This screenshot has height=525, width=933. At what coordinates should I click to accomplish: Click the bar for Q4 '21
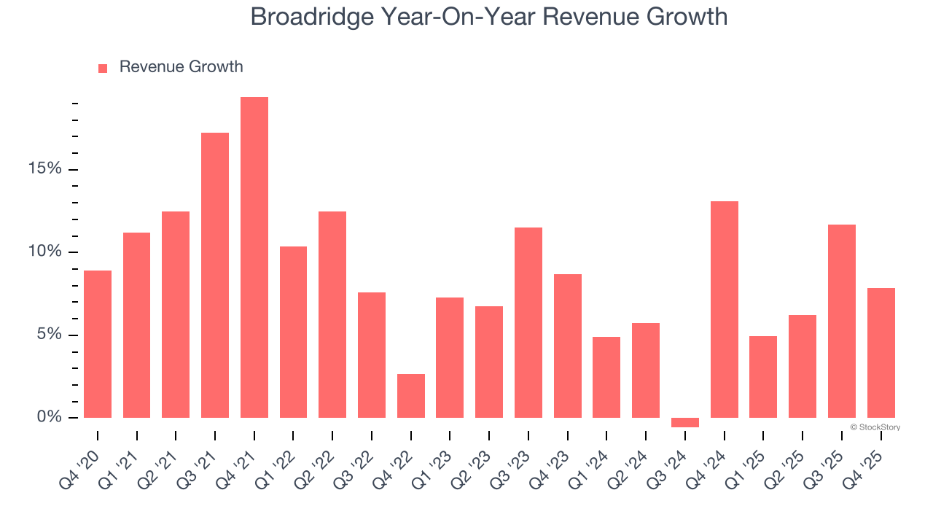click(x=254, y=257)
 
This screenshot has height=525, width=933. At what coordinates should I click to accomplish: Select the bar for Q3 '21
click(x=215, y=275)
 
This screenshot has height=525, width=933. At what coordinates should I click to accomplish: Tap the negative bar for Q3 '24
click(x=685, y=422)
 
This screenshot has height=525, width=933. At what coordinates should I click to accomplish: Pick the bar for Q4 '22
click(x=411, y=396)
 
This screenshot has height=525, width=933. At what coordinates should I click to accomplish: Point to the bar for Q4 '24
click(x=725, y=309)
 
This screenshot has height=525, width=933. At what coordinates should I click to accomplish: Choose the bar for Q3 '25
click(x=842, y=321)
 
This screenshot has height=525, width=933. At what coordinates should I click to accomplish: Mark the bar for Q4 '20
click(x=98, y=344)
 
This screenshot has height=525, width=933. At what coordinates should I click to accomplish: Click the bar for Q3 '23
click(x=528, y=322)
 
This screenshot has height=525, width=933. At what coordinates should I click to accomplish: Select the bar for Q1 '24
click(x=606, y=377)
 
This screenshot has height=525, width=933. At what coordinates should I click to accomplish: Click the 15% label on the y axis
click(x=44, y=169)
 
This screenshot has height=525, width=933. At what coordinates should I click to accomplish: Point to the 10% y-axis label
click(x=44, y=252)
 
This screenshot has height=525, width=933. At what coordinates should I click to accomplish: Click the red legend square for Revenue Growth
click(x=103, y=68)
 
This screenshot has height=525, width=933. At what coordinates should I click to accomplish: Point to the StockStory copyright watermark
click(x=875, y=427)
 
